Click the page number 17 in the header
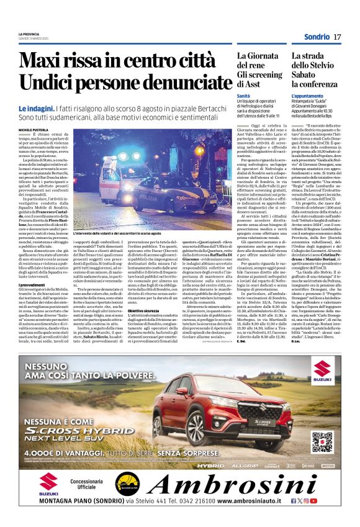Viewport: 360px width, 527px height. click(x=337, y=38)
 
